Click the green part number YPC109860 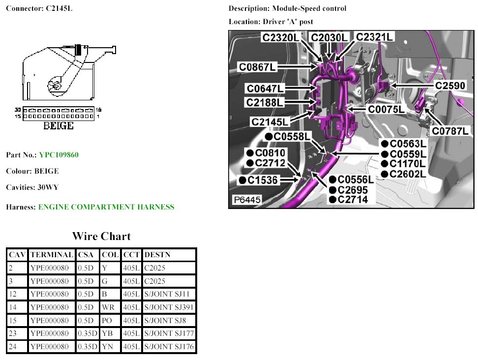point(59,155)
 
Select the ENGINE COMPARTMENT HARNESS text point(106,207)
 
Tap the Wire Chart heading point(101,236)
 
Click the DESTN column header point(157,255)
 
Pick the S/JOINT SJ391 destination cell point(169,307)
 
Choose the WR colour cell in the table point(108,307)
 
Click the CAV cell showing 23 point(12,333)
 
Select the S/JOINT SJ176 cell point(169,347)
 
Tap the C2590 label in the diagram point(450,86)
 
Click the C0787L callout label point(450,131)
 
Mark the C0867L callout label point(257,67)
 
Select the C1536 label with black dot point(259,180)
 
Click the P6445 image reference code point(247,200)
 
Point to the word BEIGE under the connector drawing point(59,125)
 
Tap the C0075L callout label point(386,109)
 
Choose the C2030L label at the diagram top point(329,37)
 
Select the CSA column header point(86,255)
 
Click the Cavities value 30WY point(48,187)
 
